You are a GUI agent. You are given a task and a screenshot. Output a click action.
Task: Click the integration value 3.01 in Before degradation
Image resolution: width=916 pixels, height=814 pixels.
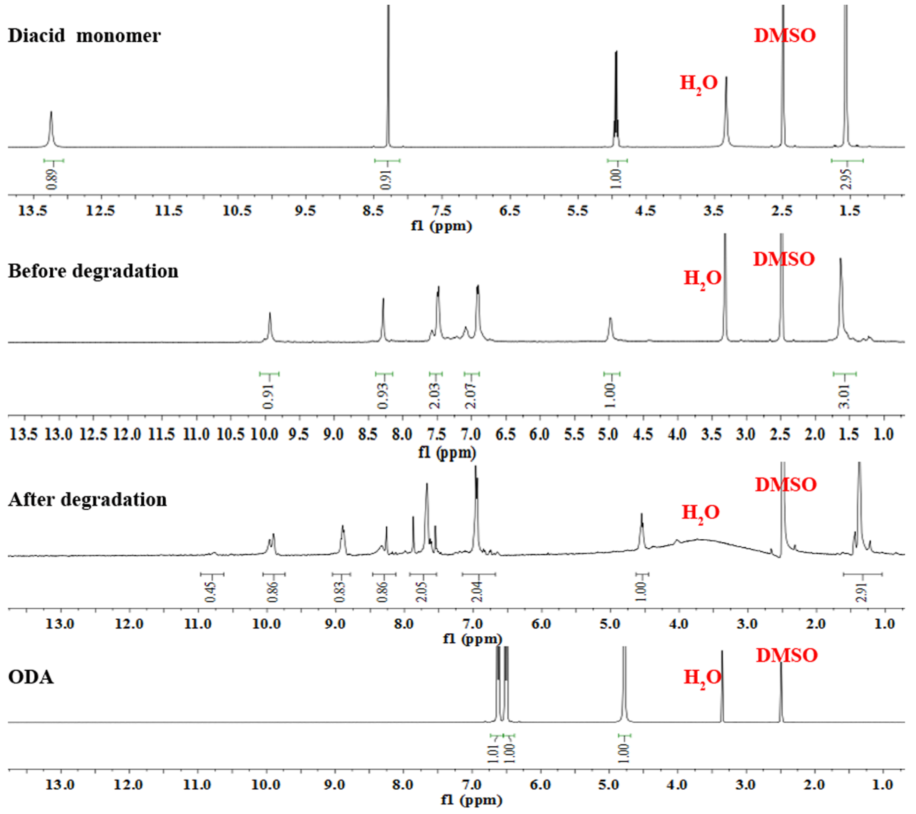pyautogui.click(x=844, y=396)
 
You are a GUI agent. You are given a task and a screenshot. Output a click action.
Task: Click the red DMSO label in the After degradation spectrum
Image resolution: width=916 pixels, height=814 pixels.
pyautogui.click(x=786, y=485)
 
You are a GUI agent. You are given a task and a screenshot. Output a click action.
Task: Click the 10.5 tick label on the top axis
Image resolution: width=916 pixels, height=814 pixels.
pyautogui.click(x=237, y=210)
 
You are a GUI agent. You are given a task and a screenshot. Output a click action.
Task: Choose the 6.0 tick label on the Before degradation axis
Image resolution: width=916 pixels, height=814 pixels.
pyautogui.click(x=540, y=434)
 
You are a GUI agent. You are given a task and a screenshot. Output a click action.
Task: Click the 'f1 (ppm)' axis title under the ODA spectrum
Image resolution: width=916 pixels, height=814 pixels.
pyautogui.click(x=472, y=800)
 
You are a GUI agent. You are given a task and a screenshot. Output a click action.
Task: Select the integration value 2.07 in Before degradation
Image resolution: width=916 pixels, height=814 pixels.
pyautogui.click(x=471, y=396)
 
